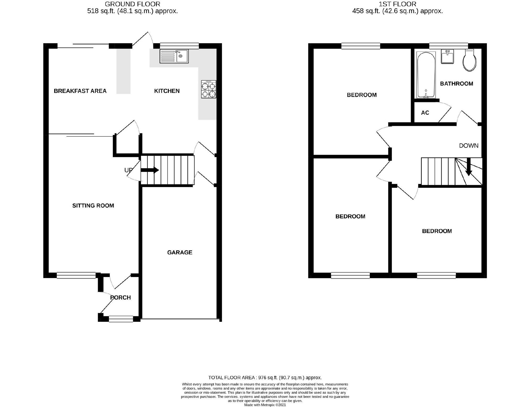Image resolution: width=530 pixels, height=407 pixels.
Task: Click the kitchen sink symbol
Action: pos(174,56)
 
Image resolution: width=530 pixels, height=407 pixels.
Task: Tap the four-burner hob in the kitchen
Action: pos(209,89)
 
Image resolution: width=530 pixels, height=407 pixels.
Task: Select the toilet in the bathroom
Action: pos(469,60)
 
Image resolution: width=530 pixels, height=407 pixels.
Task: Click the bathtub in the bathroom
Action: pos(426,75)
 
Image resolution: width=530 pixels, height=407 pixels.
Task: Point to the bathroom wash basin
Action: pos(447,57)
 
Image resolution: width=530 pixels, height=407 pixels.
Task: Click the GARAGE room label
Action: pos(180,252)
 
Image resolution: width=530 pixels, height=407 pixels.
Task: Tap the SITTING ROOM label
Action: pos(93,206)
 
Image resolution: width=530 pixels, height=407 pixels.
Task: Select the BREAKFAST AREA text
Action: pos(80,91)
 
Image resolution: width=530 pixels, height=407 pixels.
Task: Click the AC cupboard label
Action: pos(425,113)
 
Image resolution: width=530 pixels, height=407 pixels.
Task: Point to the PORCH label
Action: pos(120,298)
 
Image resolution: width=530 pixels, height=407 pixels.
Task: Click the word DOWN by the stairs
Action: pos(468,146)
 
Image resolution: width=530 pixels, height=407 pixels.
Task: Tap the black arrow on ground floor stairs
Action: pos(150,170)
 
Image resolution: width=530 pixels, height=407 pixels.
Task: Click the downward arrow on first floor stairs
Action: pos(468,167)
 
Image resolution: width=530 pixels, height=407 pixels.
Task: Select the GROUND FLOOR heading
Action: pos(132,4)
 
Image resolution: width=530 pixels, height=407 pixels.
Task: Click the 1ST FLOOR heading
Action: pos(397,4)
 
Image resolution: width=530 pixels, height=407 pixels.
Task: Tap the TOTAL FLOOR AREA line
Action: pos(265,378)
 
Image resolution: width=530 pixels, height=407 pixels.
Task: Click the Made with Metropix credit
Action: pos(265,405)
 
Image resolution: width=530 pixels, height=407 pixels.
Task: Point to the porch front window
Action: pos(121,319)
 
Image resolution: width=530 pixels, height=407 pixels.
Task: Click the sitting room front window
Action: pos(76,275)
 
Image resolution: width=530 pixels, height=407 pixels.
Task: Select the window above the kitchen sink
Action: pos(179,46)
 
